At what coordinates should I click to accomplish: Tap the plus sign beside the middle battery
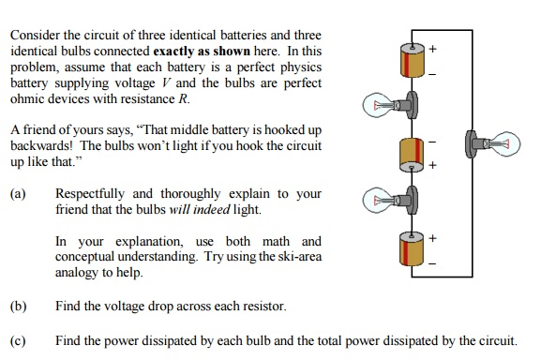433,166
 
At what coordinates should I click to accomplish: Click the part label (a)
17,194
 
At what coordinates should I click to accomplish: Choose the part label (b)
17,307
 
